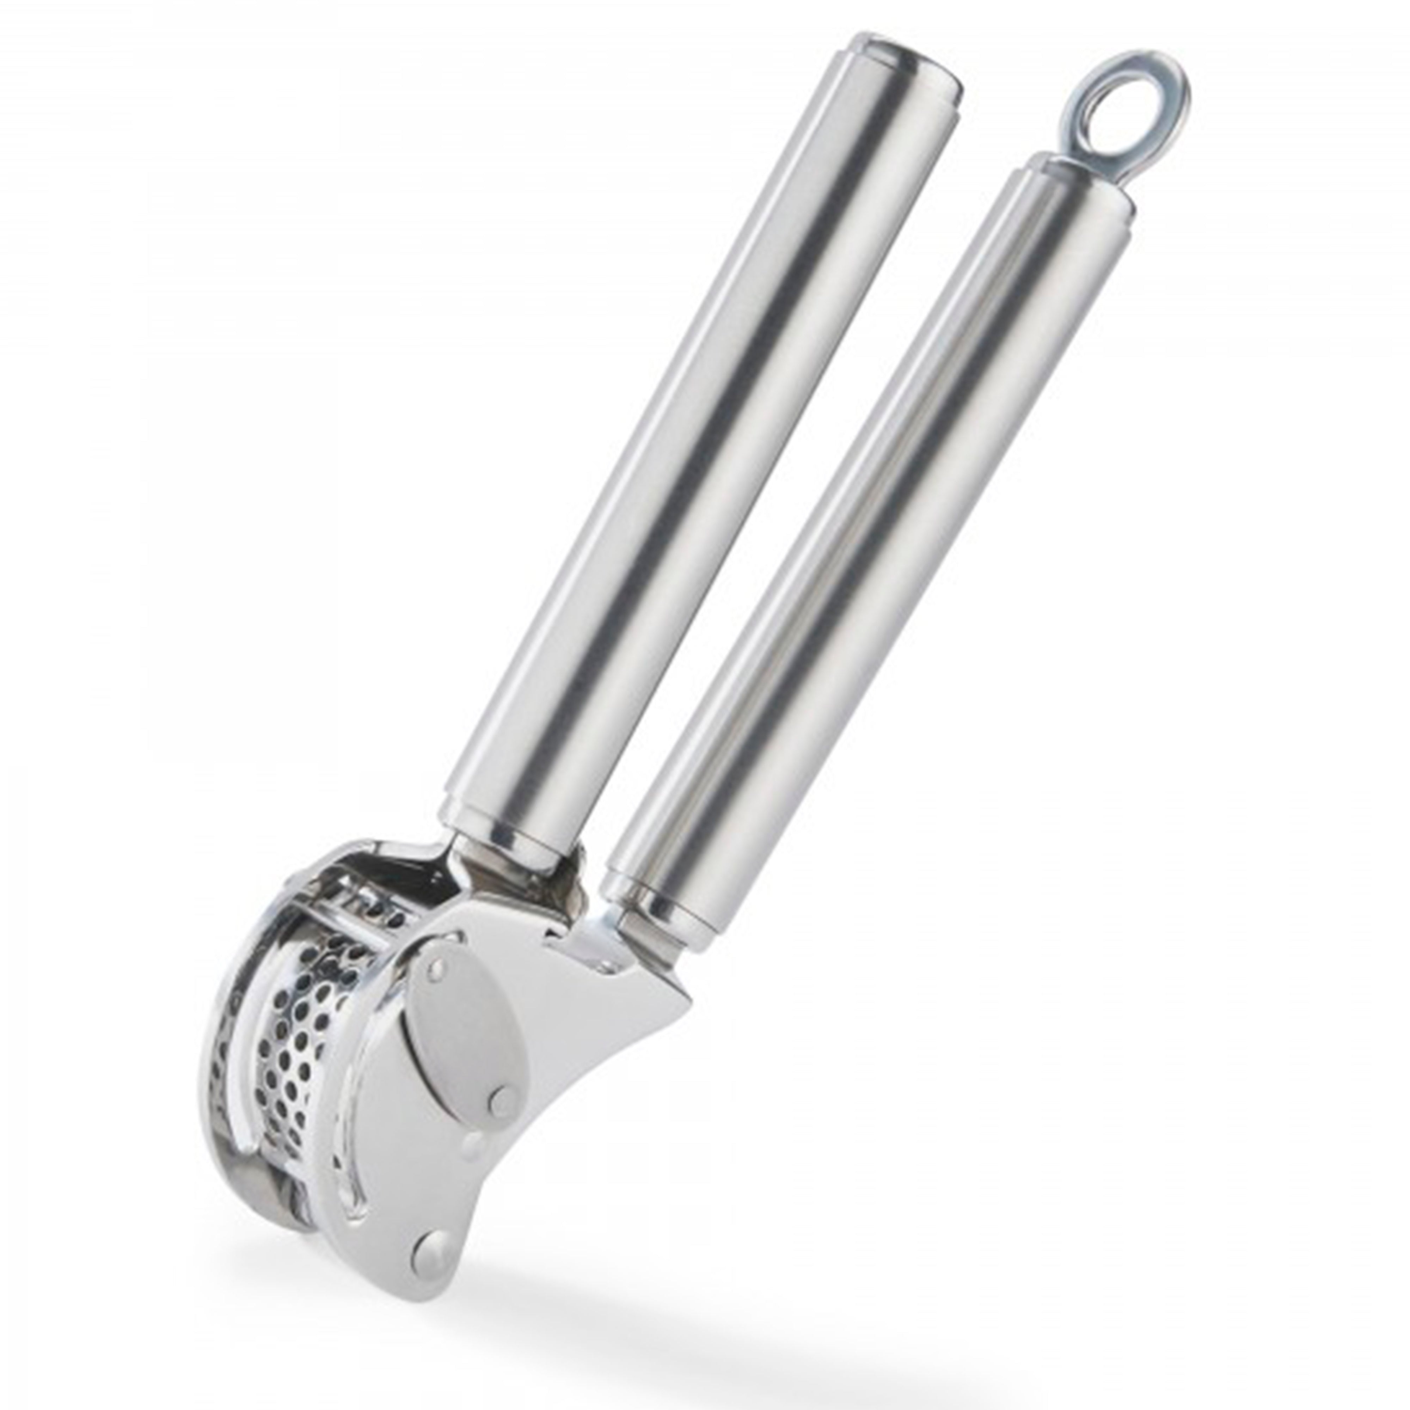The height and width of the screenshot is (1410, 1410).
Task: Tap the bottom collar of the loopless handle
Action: click(x=504, y=832)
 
